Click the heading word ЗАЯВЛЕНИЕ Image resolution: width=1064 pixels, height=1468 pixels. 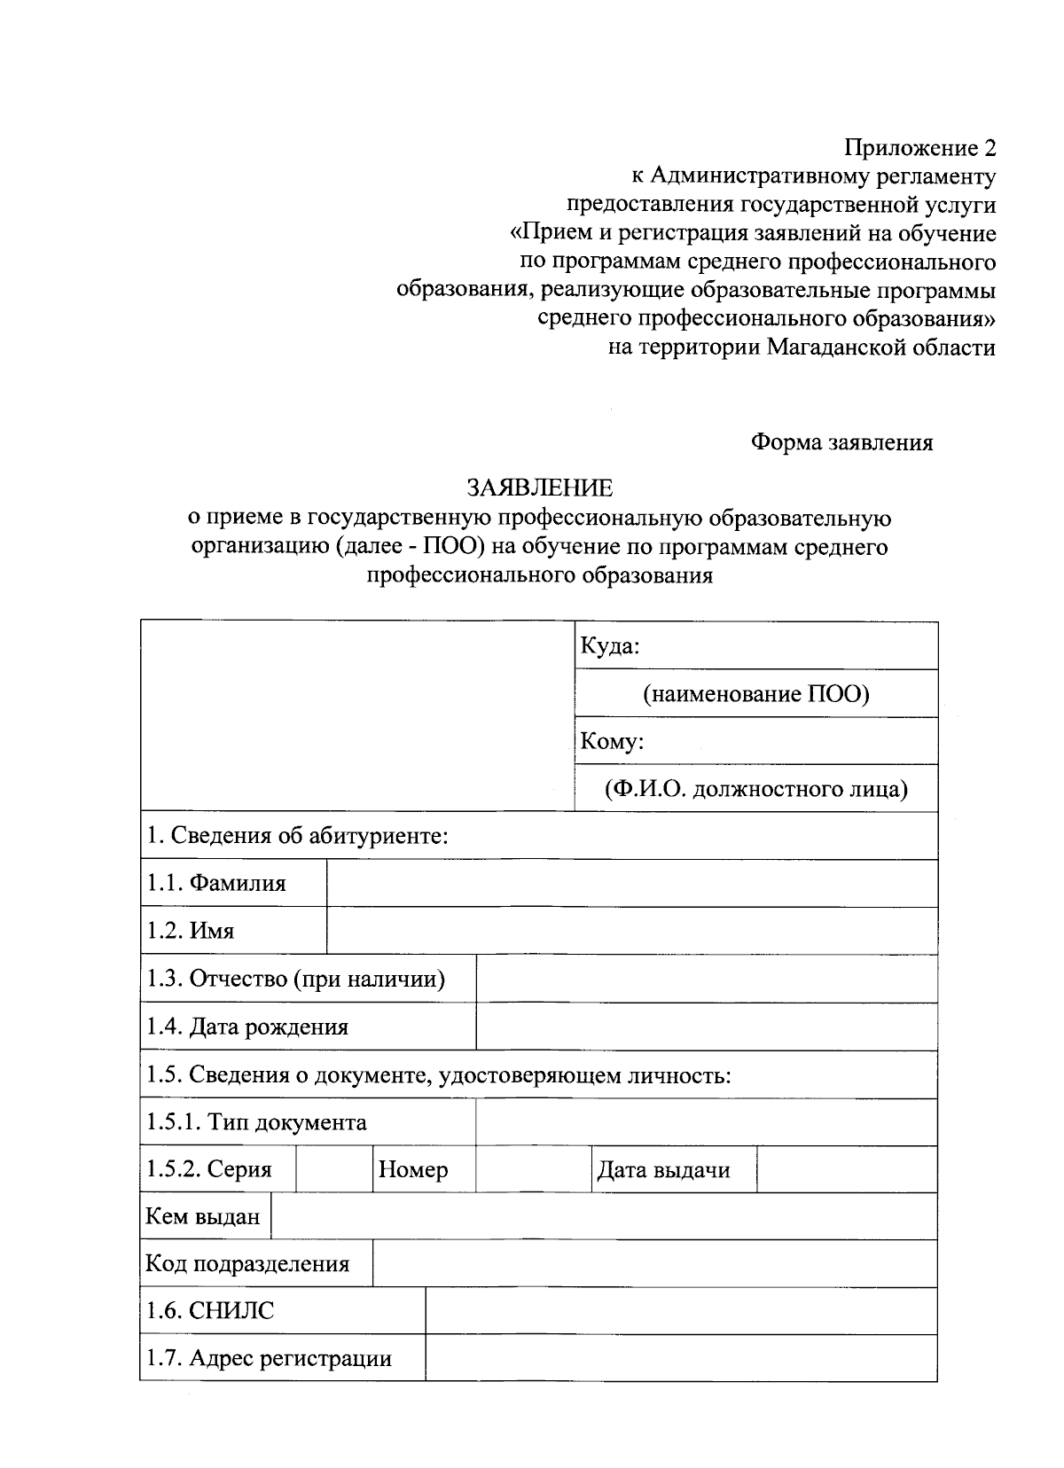point(539,488)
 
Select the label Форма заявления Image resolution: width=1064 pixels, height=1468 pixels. point(841,441)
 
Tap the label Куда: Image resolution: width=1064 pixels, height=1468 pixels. point(609,646)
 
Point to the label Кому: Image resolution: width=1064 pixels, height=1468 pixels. point(612,741)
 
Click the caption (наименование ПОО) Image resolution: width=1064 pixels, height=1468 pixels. point(756,693)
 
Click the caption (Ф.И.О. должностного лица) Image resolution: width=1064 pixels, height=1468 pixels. point(756,788)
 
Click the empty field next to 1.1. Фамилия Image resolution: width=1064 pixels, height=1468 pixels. point(631,883)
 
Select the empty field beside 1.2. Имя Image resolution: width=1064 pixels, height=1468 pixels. point(631,931)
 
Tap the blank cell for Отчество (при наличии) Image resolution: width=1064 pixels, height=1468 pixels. point(706,979)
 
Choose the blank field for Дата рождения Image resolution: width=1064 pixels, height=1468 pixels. point(706,1027)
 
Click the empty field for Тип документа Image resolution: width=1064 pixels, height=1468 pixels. point(706,1122)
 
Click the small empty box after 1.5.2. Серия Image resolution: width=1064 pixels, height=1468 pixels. point(333,1169)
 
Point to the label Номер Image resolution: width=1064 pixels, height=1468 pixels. point(413,1170)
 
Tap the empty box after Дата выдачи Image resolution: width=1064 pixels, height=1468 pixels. point(847,1169)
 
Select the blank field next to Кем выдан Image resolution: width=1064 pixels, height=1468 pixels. point(603,1216)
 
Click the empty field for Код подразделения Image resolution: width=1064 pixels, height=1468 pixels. point(654,1263)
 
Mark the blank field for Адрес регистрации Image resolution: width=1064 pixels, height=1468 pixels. point(681,1358)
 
